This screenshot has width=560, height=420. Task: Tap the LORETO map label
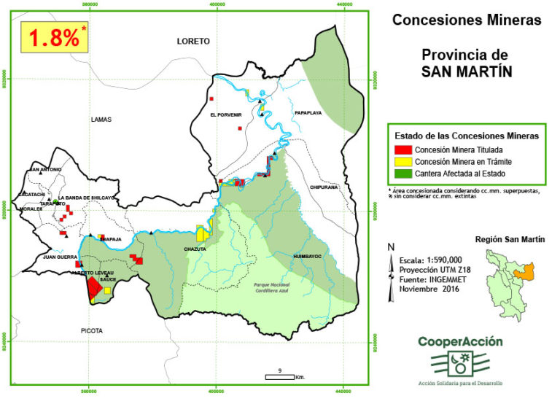(x=193, y=42)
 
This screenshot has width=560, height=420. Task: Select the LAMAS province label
(x=102, y=119)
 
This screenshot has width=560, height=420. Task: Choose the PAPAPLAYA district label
(x=308, y=114)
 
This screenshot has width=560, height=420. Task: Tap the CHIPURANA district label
(x=324, y=187)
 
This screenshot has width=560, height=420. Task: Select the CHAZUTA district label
(x=196, y=249)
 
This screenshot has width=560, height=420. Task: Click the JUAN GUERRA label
(x=60, y=257)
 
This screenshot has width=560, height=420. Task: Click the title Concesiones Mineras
(x=467, y=20)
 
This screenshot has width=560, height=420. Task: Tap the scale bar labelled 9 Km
(x=280, y=375)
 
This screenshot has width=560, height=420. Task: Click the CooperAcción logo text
(x=460, y=341)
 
